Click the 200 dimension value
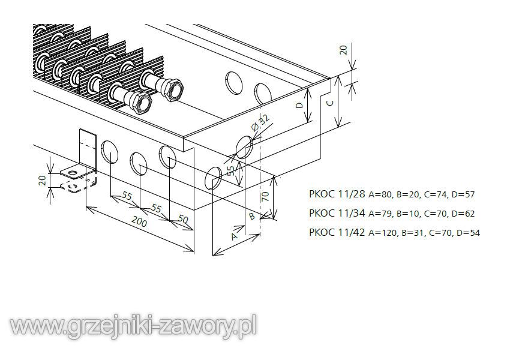point(140,222)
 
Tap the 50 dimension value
point(184,220)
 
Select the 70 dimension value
point(266,196)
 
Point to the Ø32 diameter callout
point(261,122)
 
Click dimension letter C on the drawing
point(330,103)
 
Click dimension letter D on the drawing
point(300,105)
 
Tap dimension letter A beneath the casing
point(234,236)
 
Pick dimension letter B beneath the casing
point(252,216)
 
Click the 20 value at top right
point(343,50)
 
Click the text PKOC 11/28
point(337,194)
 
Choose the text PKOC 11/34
point(337,213)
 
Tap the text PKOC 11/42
point(337,232)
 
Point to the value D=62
point(463,214)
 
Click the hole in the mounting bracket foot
point(74,172)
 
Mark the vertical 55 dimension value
point(230,171)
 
